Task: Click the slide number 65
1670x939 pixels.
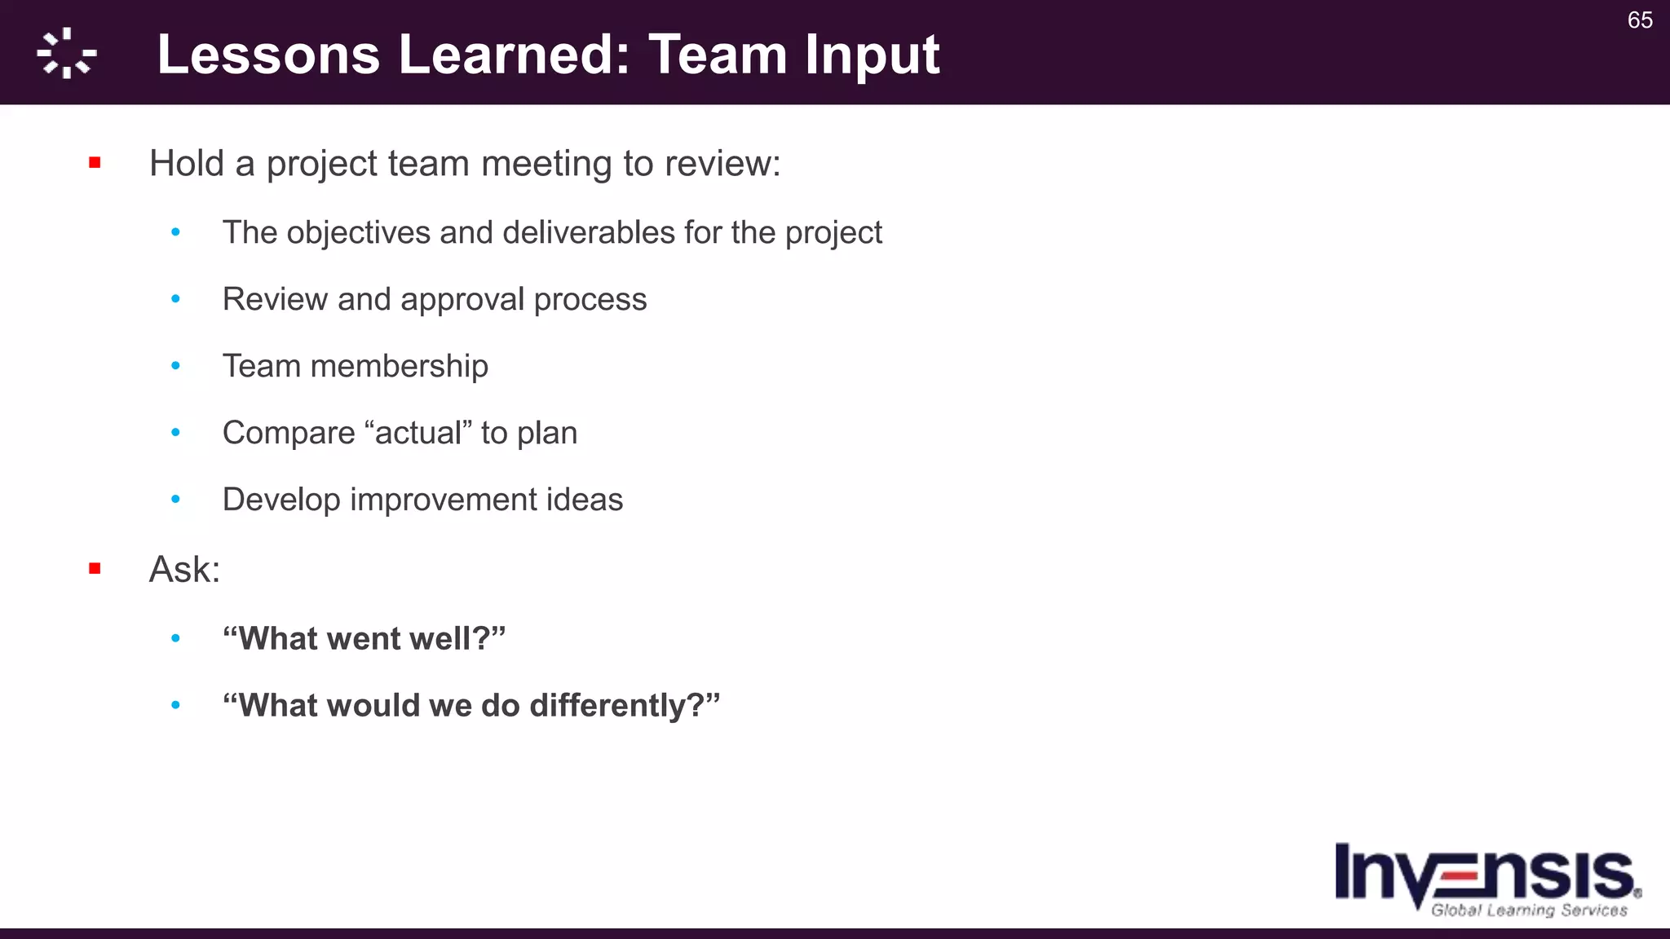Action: click(1639, 20)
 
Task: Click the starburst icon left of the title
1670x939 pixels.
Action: click(67, 54)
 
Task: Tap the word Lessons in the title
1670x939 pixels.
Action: click(268, 55)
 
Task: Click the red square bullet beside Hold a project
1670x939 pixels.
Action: click(95, 163)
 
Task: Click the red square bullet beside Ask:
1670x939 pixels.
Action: click(95, 568)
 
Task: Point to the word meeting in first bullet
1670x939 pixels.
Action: click(546, 164)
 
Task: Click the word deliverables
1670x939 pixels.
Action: click(588, 233)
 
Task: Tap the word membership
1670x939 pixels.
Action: click(399, 366)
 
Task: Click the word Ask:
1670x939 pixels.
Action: click(184, 569)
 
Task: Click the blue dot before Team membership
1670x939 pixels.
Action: click(175, 366)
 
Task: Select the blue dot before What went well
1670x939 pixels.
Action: click(175, 639)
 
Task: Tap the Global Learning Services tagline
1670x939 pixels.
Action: click(1529, 910)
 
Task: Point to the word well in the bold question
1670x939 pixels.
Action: click(444, 639)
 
